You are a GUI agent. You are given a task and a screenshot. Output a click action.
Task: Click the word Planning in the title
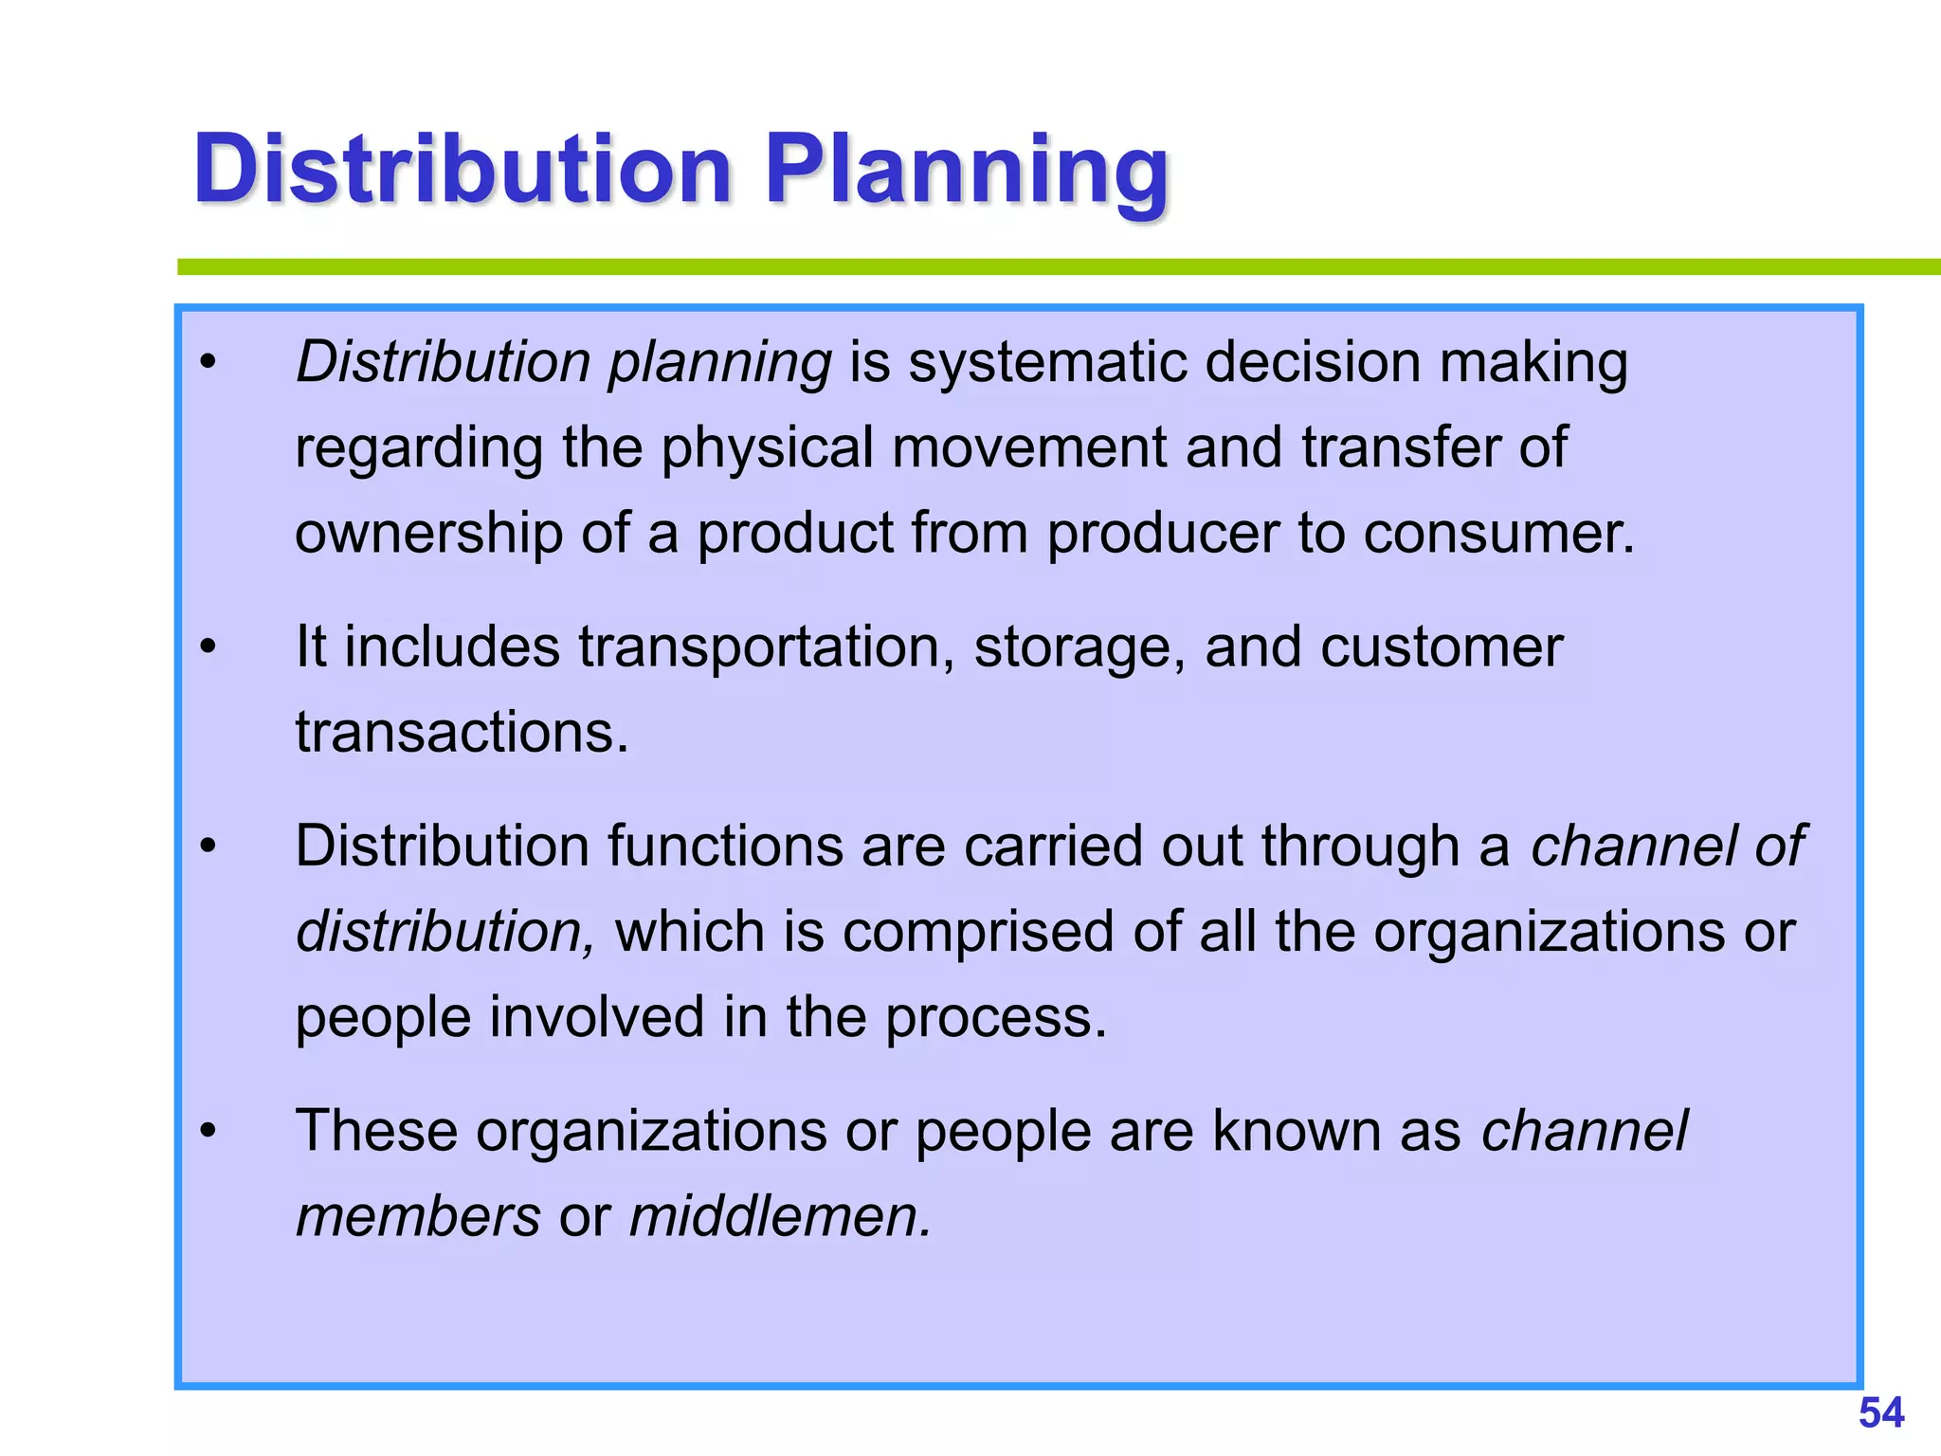tap(967, 171)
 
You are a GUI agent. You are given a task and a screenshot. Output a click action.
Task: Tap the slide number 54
tap(1880, 1413)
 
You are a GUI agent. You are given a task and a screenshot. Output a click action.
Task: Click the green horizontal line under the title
tap(1043, 267)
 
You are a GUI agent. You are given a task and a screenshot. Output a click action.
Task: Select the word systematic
tap(1047, 362)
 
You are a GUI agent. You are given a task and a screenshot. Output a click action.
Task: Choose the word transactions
tap(462, 733)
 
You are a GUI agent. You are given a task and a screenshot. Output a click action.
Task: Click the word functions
tap(725, 846)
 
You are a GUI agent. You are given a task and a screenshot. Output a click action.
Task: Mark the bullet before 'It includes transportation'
tap(209, 648)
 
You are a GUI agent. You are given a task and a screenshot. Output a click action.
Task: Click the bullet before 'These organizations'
tap(209, 1132)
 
